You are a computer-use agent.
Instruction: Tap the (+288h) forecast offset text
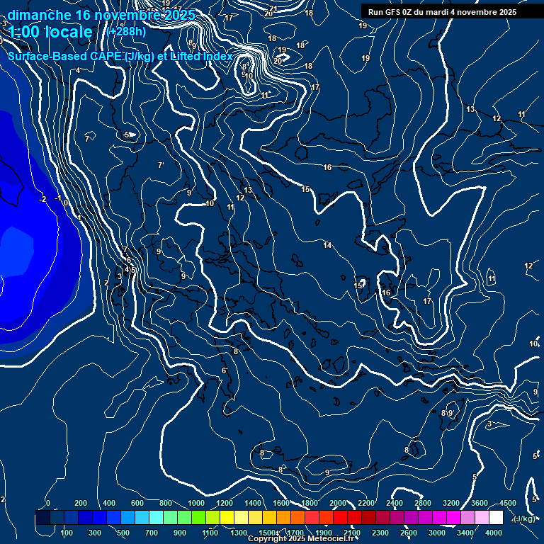coord(126,31)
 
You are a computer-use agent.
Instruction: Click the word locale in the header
coord(68,32)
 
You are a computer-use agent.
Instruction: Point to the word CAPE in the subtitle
coord(105,56)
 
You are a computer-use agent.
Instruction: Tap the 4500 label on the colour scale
coord(507,503)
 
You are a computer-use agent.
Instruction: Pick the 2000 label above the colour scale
coord(339,503)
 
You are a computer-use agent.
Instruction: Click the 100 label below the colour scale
coord(67,533)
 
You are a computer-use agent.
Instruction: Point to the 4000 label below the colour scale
coord(494,533)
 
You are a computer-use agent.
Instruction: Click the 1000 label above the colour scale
coord(197,503)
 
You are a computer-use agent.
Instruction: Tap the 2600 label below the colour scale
coord(409,533)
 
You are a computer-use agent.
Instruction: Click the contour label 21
coord(273,8)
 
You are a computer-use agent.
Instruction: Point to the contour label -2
coord(43,199)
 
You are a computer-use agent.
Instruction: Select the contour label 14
coord(327,245)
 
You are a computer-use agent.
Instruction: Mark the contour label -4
coord(77,69)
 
